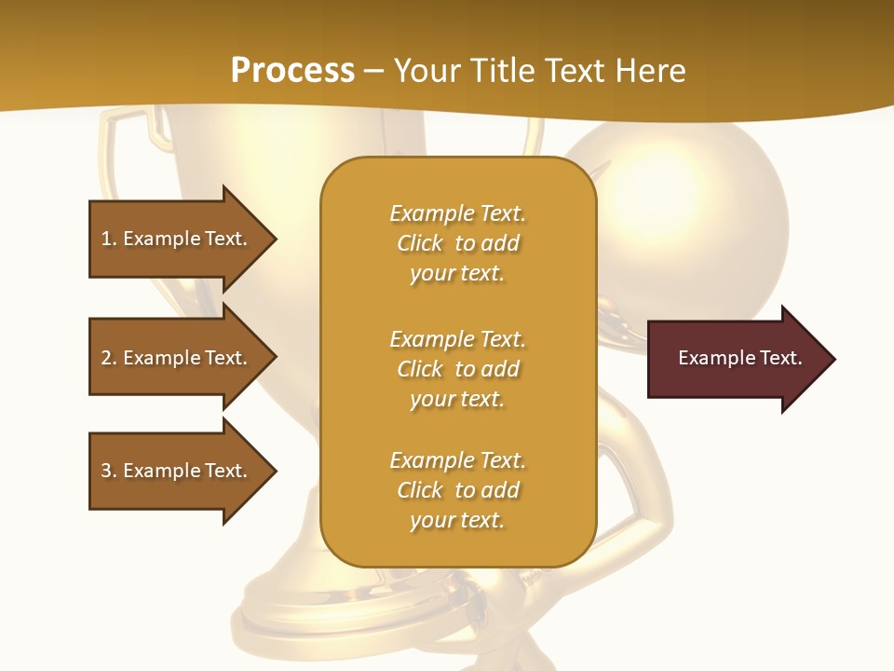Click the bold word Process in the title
click(292, 70)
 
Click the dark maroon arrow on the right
click(736, 359)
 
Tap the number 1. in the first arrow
click(109, 239)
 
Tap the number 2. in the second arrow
click(109, 358)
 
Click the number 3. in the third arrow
click(109, 471)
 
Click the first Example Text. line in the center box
click(457, 213)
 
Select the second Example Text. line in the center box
click(457, 338)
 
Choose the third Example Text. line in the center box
click(457, 460)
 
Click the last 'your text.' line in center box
click(457, 520)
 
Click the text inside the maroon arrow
click(739, 358)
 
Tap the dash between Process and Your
click(373, 71)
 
